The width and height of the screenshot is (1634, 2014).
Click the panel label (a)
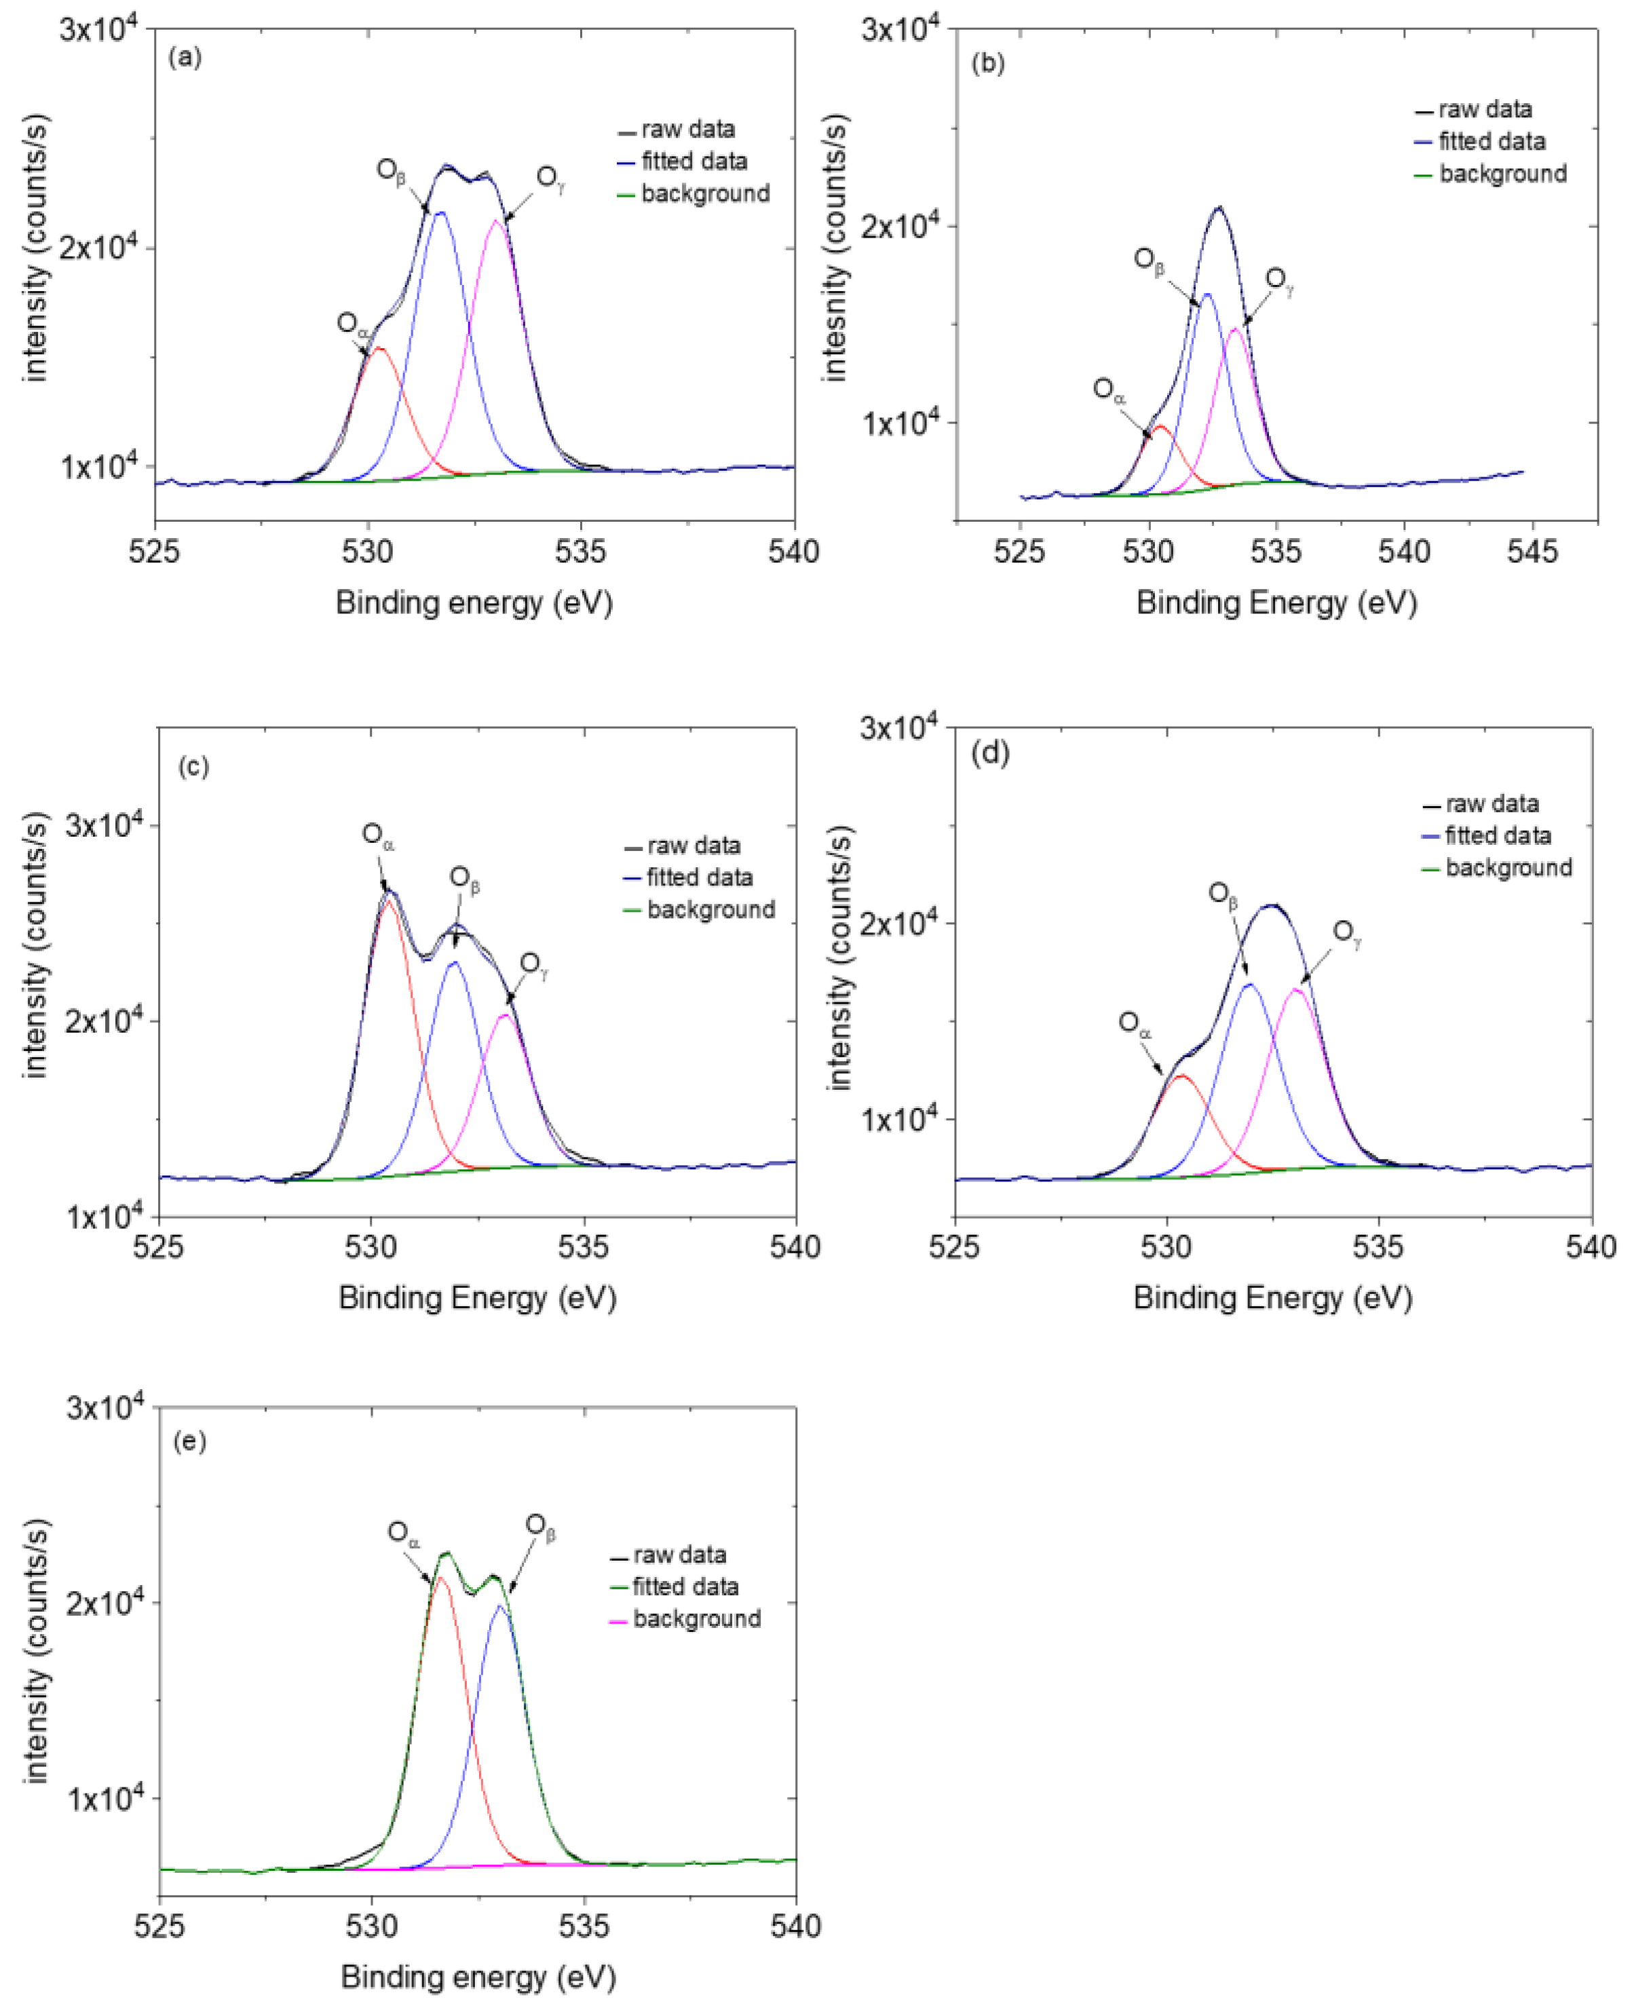click(185, 58)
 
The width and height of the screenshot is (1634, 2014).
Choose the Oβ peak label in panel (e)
click(539, 1527)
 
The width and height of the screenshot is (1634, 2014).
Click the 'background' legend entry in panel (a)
click(704, 194)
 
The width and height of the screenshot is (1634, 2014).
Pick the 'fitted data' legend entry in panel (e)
click(684, 1586)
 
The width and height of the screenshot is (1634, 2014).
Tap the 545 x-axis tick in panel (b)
click(1532, 552)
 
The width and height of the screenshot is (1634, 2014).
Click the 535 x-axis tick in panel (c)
click(584, 1247)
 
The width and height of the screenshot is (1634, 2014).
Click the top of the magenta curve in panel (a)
click(497, 221)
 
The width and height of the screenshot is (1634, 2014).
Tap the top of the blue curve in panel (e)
click(501, 1606)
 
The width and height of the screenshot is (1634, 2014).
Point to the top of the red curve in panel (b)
click(1162, 426)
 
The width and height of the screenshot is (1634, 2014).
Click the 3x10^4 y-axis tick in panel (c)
click(104, 825)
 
